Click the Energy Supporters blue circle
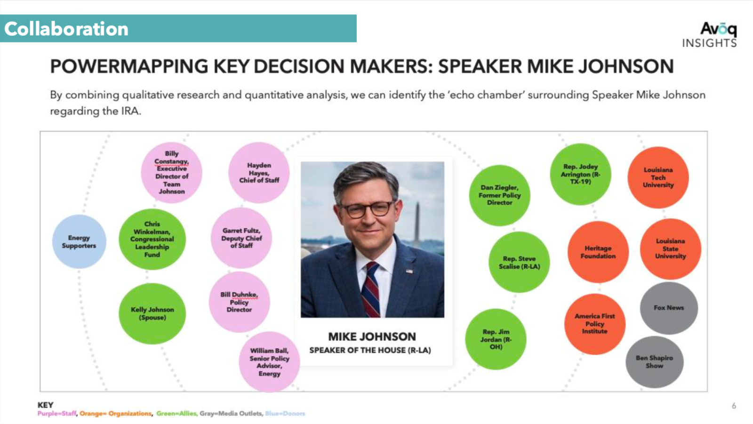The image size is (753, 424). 79,242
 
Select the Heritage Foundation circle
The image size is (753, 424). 598,252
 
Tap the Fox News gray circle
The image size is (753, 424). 669,308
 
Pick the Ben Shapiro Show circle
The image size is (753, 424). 654,362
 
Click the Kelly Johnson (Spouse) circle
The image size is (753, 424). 152,313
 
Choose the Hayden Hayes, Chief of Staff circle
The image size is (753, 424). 259,173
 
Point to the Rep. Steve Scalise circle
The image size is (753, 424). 519,262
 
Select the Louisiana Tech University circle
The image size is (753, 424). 658,177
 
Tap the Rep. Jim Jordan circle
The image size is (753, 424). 496,339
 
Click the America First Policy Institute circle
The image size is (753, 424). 594,324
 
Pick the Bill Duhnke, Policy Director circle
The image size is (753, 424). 239,302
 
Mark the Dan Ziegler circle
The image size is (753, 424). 499,195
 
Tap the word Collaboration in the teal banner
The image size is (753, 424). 66,29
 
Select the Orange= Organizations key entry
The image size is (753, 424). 116,414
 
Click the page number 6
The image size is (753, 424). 734,406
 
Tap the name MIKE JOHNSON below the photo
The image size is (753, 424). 372,336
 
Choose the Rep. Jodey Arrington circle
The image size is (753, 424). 580,174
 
